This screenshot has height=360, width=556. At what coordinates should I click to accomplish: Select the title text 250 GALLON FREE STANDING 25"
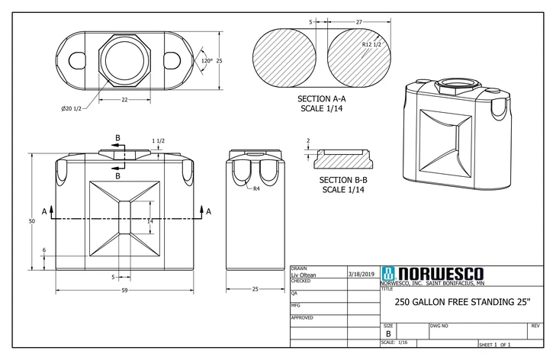point(462,301)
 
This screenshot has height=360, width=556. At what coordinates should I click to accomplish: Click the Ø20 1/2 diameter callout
point(73,109)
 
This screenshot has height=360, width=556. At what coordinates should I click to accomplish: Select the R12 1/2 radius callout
point(372,46)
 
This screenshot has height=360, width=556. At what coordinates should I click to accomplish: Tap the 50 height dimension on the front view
point(32,220)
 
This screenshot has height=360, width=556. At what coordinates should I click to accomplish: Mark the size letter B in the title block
point(388,333)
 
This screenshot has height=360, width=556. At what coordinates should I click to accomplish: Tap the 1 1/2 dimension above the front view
point(158,141)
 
